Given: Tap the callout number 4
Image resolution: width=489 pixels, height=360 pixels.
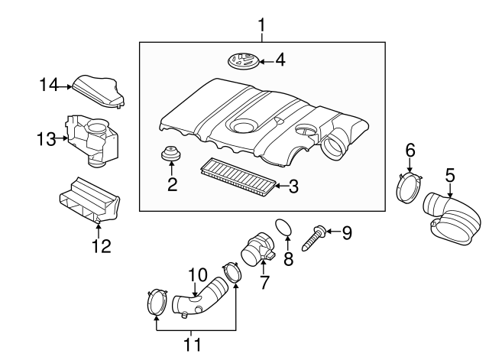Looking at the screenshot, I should [x=280, y=59].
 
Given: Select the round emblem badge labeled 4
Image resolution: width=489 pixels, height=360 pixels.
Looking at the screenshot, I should [x=242, y=59].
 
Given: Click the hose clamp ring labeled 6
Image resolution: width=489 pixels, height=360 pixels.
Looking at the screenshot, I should [x=410, y=186].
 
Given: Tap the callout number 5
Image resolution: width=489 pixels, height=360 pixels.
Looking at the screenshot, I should [x=451, y=175].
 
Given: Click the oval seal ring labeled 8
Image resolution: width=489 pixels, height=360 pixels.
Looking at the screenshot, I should [x=283, y=228].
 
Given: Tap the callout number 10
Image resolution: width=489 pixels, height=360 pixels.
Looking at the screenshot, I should [x=197, y=274].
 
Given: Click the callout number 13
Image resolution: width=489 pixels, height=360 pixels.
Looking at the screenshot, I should [x=46, y=138].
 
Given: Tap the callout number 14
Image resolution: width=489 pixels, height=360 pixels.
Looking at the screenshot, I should [x=49, y=85].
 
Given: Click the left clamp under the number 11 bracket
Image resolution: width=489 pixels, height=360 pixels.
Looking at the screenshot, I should [x=157, y=302].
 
